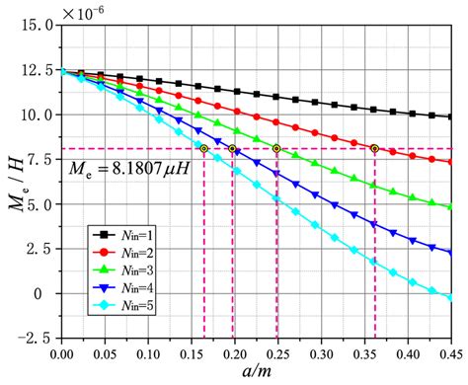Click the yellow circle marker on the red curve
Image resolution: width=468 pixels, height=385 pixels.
(x=375, y=149)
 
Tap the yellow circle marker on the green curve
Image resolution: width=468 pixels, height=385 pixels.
(x=276, y=149)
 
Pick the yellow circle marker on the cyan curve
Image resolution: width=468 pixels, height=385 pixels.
(x=203, y=149)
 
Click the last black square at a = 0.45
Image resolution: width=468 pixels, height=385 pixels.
(x=449, y=116)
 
